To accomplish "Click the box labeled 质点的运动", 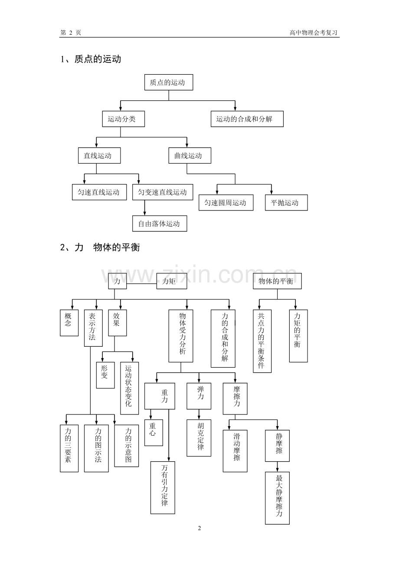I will point(168,82).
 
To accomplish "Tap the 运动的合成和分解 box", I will point(247,119).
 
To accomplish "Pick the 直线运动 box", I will point(99,156).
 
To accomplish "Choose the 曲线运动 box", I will point(190,156).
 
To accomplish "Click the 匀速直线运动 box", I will point(99,192).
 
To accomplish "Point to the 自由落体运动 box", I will point(160,223).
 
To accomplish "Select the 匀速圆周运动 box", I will point(226,203).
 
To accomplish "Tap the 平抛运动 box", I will point(286,203).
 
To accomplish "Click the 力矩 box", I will point(172,281).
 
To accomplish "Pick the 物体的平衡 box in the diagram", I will point(277,281).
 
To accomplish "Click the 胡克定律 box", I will point(199,437).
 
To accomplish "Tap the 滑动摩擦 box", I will point(235,450).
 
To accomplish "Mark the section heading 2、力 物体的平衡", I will point(100,248).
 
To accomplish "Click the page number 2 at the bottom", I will point(199,528).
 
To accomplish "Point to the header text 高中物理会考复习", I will point(314,33).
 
